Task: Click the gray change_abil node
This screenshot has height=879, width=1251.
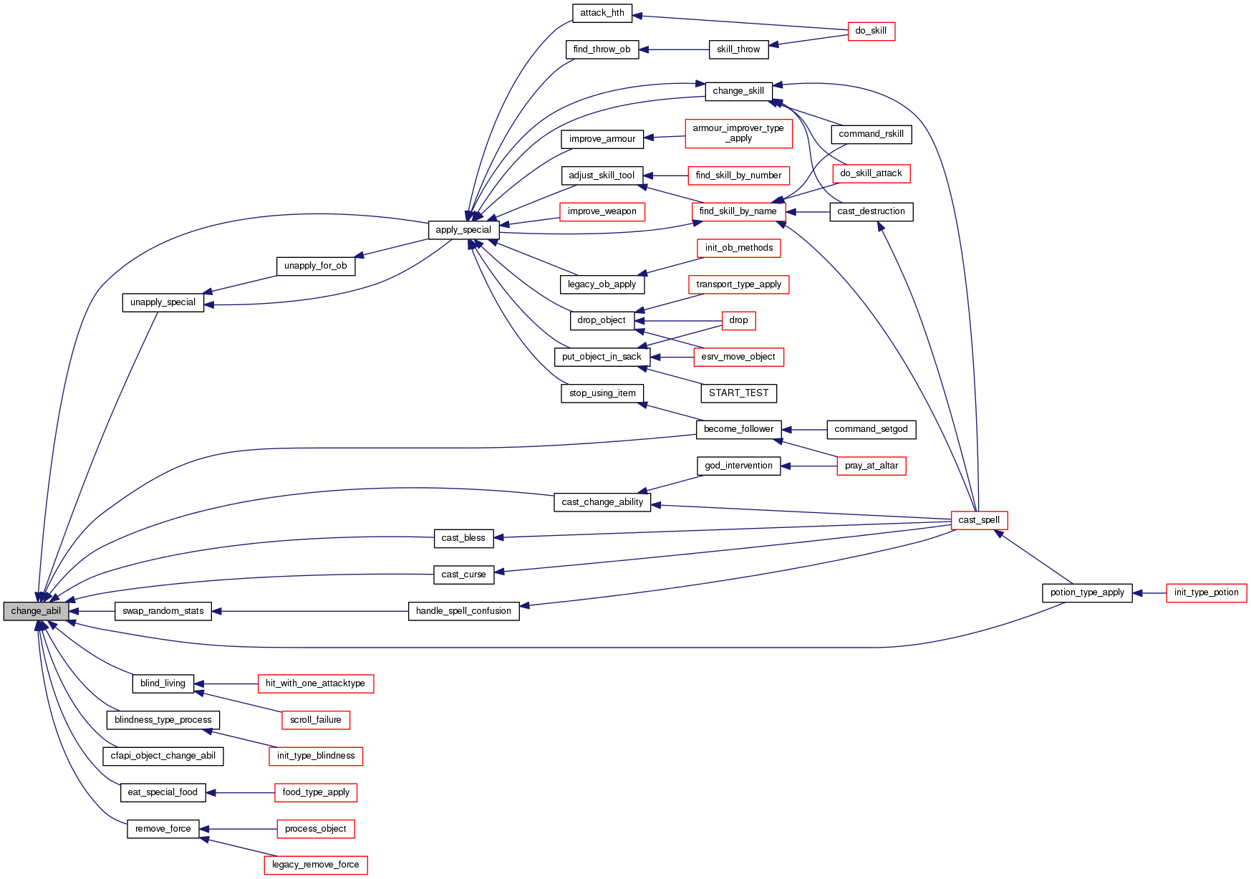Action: point(36,611)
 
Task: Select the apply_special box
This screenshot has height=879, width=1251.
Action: point(463,230)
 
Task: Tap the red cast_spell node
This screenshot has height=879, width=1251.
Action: point(979,520)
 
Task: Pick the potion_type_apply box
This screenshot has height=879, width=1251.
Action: point(1087,592)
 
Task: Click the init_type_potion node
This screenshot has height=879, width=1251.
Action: point(1206,592)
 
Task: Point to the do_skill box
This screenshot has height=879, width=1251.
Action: point(871,31)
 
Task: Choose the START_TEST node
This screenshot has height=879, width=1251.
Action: point(738,393)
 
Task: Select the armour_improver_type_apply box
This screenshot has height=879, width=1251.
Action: point(738,133)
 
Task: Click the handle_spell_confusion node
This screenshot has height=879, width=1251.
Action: point(463,611)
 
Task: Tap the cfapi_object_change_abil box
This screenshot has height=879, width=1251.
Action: point(163,756)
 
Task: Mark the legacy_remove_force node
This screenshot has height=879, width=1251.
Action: point(315,865)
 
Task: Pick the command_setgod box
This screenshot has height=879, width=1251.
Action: point(871,429)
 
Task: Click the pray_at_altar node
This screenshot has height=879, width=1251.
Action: point(871,466)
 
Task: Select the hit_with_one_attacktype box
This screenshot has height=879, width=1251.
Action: point(315,683)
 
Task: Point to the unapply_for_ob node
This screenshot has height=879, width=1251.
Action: point(315,266)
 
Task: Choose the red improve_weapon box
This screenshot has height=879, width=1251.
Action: point(602,211)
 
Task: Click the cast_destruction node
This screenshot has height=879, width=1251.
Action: point(871,211)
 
